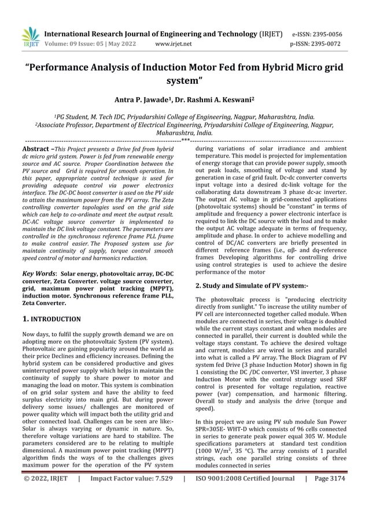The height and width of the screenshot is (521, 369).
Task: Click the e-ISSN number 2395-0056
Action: click(325, 34)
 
